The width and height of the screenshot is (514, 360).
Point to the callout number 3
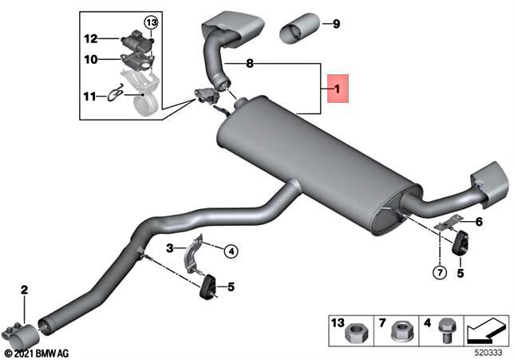click(170, 248)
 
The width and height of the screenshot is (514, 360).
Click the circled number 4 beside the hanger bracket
click(230, 252)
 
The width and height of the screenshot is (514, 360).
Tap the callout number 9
click(336, 24)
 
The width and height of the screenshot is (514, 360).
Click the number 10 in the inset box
click(90, 59)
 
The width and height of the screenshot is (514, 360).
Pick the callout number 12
click(90, 38)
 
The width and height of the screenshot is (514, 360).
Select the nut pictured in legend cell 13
click(357, 328)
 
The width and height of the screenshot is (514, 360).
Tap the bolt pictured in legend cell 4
click(445, 328)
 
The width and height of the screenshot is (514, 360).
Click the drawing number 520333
click(489, 349)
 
